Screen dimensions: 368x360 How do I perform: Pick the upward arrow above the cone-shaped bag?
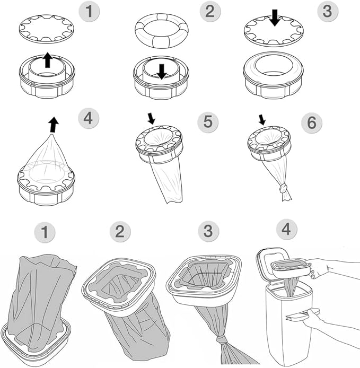pos(53,125)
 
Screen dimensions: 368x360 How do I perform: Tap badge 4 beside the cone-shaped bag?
pos(87,118)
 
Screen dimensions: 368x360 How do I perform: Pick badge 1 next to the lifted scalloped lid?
pos(90,11)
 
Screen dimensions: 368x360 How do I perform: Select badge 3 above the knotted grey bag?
pos(208,232)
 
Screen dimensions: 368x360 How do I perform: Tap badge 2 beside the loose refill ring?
pos(209,11)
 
